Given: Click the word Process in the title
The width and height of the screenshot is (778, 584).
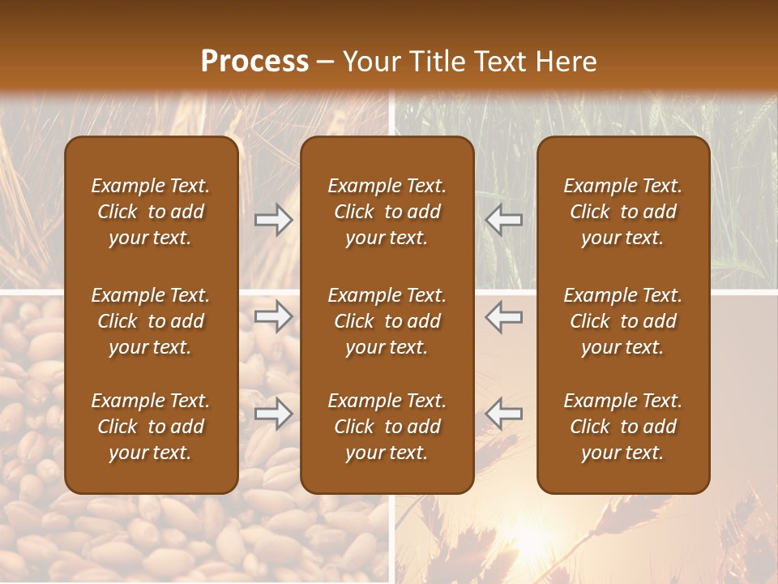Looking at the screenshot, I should tap(254, 62).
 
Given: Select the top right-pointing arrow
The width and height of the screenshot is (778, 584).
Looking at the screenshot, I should tap(274, 220).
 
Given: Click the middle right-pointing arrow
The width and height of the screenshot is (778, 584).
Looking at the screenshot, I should tap(274, 316).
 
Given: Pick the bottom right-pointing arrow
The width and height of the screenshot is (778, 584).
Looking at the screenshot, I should tap(274, 413).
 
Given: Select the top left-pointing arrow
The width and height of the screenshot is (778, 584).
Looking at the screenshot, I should tap(504, 220).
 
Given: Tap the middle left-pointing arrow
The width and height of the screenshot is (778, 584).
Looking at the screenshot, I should tap(504, 316).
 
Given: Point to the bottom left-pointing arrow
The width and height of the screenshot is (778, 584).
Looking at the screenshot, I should tap(504, 413).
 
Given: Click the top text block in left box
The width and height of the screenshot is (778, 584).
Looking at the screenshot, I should tap(151, 212).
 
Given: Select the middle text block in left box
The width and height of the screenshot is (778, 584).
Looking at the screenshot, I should tap(151, 321).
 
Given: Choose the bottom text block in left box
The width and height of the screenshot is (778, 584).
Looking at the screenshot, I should tap(151, 427).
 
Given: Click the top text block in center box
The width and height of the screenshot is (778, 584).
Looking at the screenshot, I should tap(387, 212).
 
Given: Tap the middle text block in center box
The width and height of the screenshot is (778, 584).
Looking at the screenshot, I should tap(387, 321).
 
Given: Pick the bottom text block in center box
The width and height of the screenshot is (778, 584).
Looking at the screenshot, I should tap(387, 427).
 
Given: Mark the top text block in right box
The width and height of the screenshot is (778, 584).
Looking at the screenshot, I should tap(622, 212).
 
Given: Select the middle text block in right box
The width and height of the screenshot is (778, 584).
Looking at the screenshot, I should tap(622, 321).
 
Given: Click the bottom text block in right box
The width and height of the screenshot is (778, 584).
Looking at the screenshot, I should tap(622, 427).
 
